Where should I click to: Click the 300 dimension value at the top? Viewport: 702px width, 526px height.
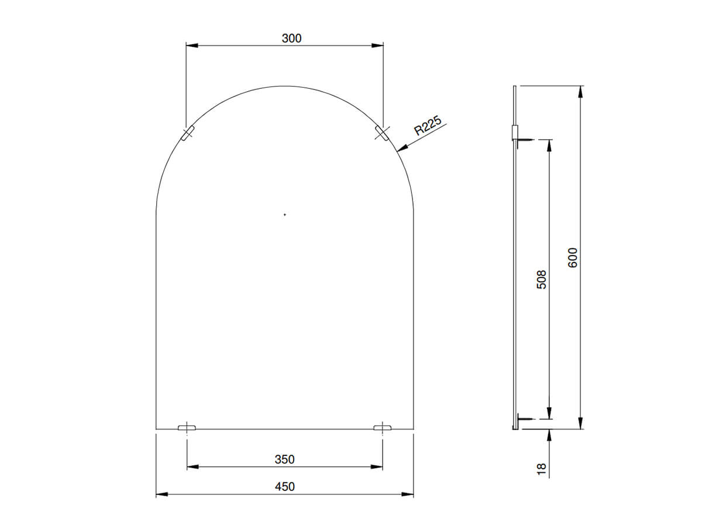pos(291,39)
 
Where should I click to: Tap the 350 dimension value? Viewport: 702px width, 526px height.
pos(285,459)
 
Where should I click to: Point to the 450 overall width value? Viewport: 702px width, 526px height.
pos(285,487)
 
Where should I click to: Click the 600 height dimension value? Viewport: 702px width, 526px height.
pos(573,258)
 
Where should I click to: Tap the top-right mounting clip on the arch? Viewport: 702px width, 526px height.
pos(381,134)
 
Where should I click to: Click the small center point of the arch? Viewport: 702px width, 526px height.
pos(285,215)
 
